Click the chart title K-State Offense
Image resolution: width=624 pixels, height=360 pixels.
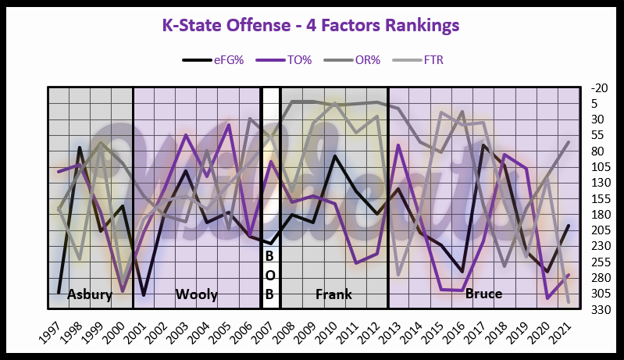[x=310, y=25]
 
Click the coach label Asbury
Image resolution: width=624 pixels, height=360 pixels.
[x=90, y=294]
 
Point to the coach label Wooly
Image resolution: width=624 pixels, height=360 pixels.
[x=196, y=294]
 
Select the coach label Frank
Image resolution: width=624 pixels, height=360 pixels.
[x=333, y=294]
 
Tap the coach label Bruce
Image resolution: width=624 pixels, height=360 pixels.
[x=483, y=294]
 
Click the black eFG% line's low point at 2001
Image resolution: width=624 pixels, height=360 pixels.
[x=144, y=295]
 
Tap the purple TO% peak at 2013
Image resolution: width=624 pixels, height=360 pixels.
[x=398, y=145]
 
